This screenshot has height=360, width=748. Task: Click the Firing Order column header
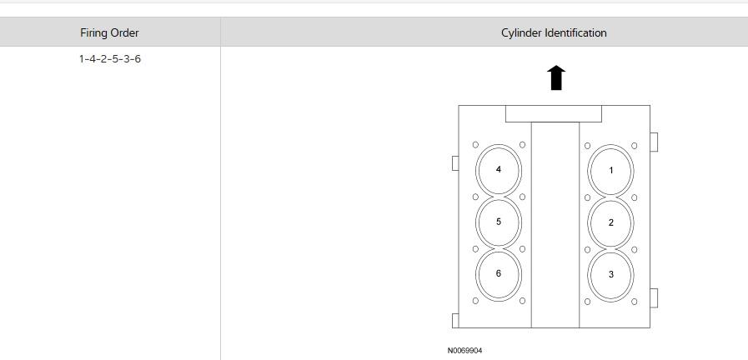109,32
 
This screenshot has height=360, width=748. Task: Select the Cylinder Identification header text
554,32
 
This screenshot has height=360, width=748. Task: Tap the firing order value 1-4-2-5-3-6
110,59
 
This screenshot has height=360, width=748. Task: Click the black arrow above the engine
555,77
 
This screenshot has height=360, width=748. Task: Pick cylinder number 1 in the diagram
610,170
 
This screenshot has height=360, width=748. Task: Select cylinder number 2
610,222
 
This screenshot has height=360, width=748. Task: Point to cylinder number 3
610,275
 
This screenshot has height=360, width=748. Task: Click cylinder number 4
499,170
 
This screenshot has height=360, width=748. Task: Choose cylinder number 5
499,222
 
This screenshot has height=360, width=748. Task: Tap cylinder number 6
499,273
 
